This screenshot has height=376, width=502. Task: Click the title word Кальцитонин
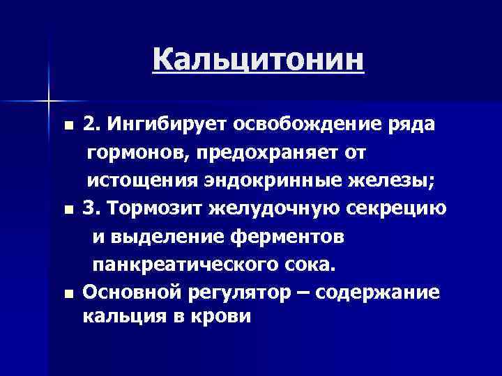tap(258, 60)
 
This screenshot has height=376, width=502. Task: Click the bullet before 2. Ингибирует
tap(67, 127)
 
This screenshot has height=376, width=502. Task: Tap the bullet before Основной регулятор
tap(67, 295)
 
